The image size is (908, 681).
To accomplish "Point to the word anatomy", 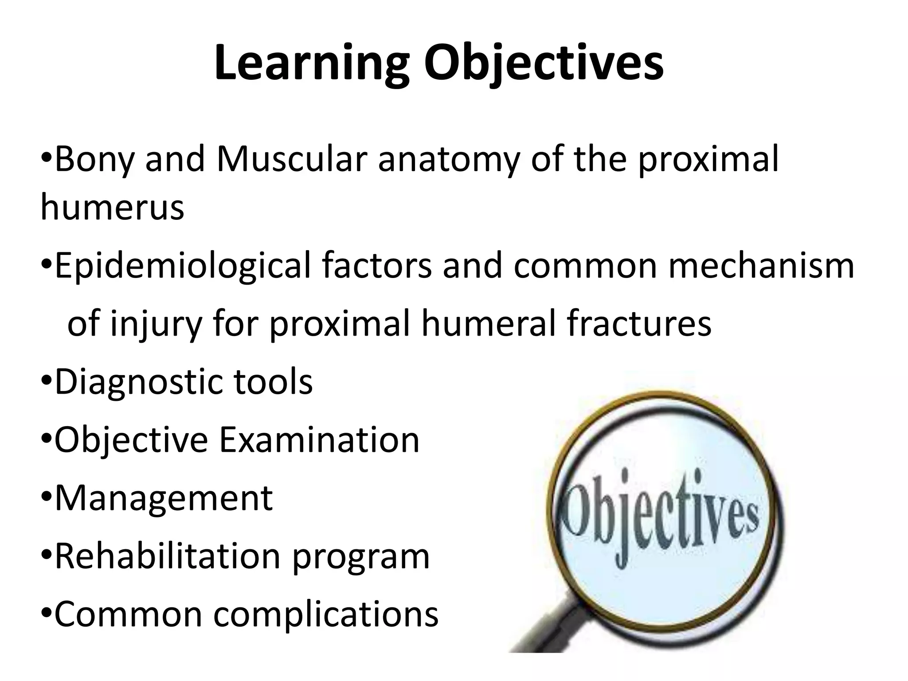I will (449, 159).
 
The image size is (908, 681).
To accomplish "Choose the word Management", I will (164, 498).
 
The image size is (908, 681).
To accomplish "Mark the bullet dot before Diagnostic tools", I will (47, 381).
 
